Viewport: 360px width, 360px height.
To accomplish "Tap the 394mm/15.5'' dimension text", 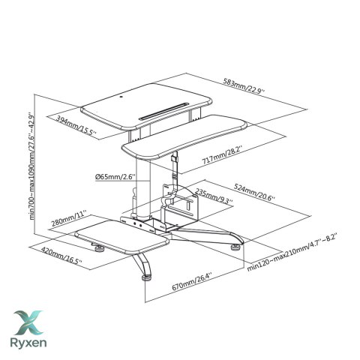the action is click(76, 125).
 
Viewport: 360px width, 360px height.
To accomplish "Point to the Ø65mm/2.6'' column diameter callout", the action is click(115, 177).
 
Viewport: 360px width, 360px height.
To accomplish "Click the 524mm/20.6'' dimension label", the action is click(254, 191).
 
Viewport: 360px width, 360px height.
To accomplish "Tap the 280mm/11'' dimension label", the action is click(69, 218).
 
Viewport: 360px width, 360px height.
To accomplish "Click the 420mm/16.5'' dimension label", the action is click(61, 255).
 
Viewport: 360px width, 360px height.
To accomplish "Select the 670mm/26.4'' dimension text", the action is click(192, 281).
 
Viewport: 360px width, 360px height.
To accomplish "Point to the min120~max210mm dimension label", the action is click(292, 252).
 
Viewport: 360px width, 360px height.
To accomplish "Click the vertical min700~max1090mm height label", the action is click(31, 166).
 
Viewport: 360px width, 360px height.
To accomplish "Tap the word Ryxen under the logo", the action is click(28, 343).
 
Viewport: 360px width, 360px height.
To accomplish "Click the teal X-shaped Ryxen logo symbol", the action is click(28, 322).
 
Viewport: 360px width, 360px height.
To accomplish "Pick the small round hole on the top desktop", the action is click(121, 97).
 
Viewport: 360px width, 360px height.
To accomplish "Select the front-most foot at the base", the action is click(146, 277).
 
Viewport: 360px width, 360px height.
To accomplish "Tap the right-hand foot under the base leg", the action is click(235, 247).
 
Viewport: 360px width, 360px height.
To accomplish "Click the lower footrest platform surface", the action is click(121, 236).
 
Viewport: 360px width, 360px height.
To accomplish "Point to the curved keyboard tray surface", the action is click(184, 136).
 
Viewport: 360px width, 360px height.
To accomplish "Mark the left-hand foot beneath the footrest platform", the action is click(100, 248).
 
